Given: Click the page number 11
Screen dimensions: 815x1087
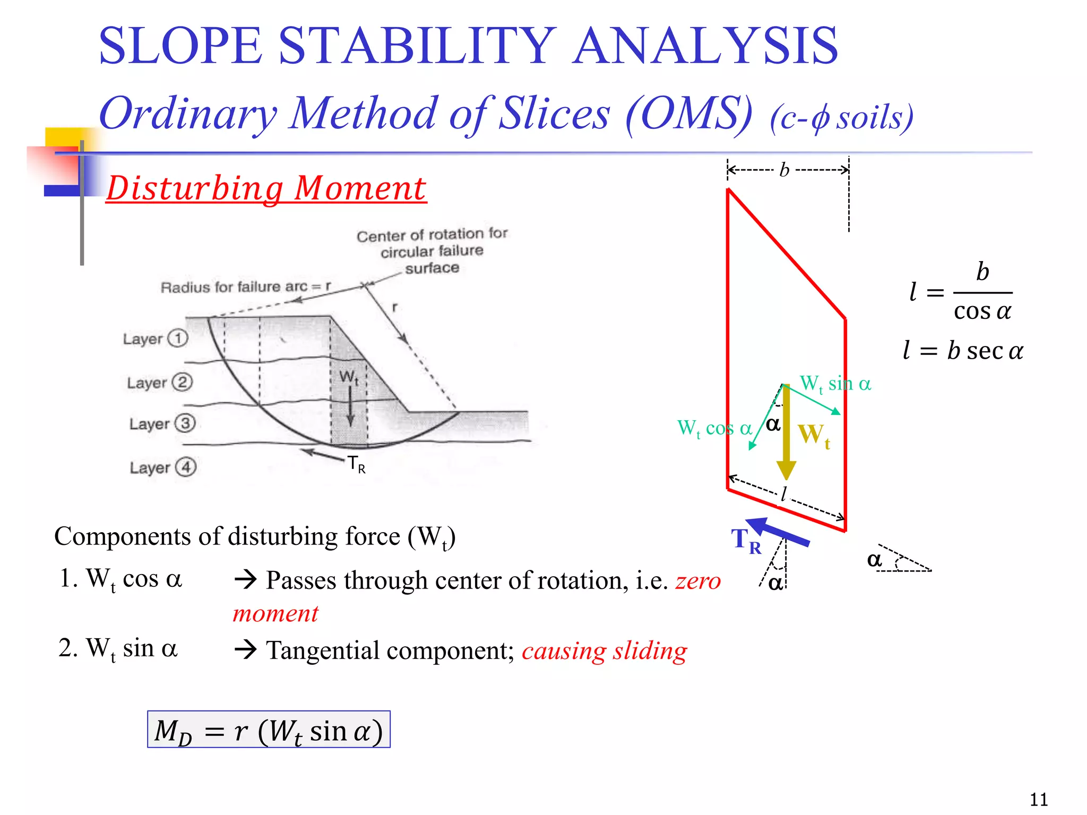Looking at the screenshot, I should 1039,799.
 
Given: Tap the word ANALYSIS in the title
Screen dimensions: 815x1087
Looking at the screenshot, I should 705,47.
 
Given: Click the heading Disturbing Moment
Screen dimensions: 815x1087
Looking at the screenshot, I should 266,188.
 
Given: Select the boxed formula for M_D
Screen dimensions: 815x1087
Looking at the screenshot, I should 269,730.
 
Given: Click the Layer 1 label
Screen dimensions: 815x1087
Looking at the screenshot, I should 155,339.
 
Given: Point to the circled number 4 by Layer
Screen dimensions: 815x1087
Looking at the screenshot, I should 186,467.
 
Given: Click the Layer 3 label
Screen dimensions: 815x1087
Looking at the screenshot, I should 162,423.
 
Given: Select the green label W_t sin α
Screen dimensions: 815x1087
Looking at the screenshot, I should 835,384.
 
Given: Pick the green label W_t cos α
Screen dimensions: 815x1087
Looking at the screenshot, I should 714,428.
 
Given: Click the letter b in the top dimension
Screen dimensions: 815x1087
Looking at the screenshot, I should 784,170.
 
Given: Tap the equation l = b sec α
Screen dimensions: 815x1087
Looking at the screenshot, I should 963,351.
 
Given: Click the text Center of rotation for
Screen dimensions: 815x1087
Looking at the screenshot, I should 432,235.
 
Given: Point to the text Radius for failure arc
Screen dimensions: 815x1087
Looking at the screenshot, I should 234,287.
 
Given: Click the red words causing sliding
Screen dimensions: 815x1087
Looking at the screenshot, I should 604,651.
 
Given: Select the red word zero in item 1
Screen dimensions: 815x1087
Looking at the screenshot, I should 698,580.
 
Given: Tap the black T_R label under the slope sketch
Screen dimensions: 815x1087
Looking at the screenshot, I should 356,464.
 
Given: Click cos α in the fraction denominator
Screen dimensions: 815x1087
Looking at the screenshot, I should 982,311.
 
